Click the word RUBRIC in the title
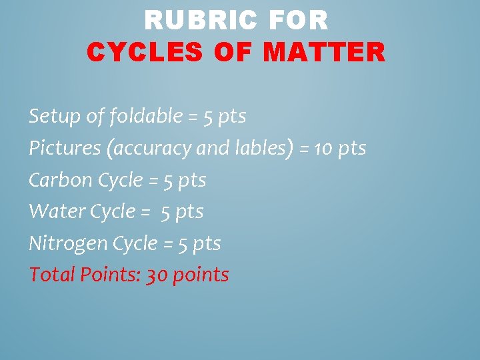(199, 21)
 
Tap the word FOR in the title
(299, 21)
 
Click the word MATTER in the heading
(324, 52)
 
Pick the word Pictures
(63, 148)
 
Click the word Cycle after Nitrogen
(134, 244)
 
